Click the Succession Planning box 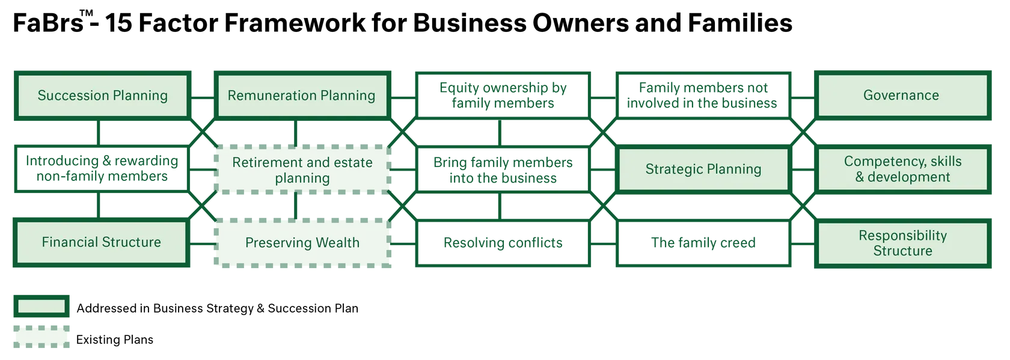[x=102, y=96]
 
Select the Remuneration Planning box [x=301, y=96]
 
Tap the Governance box [x=901, y=96]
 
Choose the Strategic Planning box [x=703, y=169]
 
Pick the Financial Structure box [x=101, y=242]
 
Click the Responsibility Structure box [x=902, y=243]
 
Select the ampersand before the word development [x=860, y=177]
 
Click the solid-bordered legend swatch [x=41, y=307]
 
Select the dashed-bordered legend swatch [x=41, y=336]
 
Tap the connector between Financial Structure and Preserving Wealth [x=203, y=243]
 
